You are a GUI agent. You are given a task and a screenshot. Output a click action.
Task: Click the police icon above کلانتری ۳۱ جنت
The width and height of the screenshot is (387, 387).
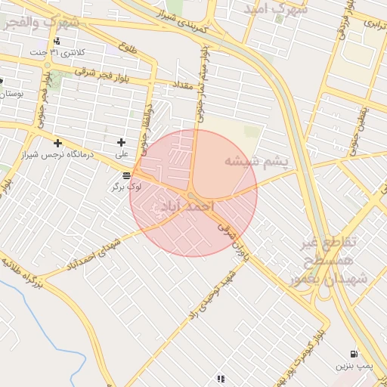click(x=57, y=41)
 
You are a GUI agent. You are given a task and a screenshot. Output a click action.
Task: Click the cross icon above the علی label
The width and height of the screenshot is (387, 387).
click(x=121, y=142)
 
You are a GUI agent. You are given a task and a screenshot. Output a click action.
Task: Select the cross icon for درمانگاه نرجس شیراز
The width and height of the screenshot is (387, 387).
click(x=57, y=143)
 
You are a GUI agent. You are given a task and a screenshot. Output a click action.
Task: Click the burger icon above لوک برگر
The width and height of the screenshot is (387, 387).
click(x=125, y=175)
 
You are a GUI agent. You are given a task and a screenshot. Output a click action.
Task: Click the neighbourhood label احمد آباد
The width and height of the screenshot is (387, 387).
click(x=184, y=206)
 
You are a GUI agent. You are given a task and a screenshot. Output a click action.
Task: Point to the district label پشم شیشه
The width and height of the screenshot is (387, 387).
click(x=252, y=161)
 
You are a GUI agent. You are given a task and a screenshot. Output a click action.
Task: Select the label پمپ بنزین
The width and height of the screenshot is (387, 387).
click(x=354, y=366)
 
